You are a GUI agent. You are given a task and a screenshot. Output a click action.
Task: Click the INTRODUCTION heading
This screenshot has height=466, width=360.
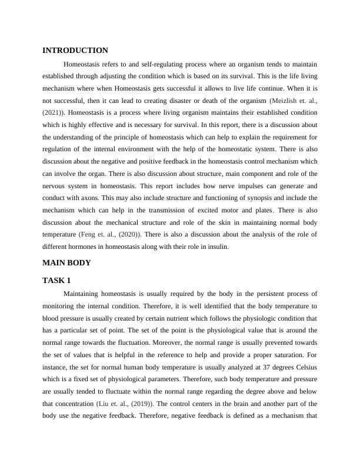[x=75, y=51]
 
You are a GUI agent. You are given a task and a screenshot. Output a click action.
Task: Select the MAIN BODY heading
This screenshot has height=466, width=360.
[x=66, y=262]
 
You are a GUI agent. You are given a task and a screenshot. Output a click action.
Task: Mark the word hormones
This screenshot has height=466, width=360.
[x=84, y=247]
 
